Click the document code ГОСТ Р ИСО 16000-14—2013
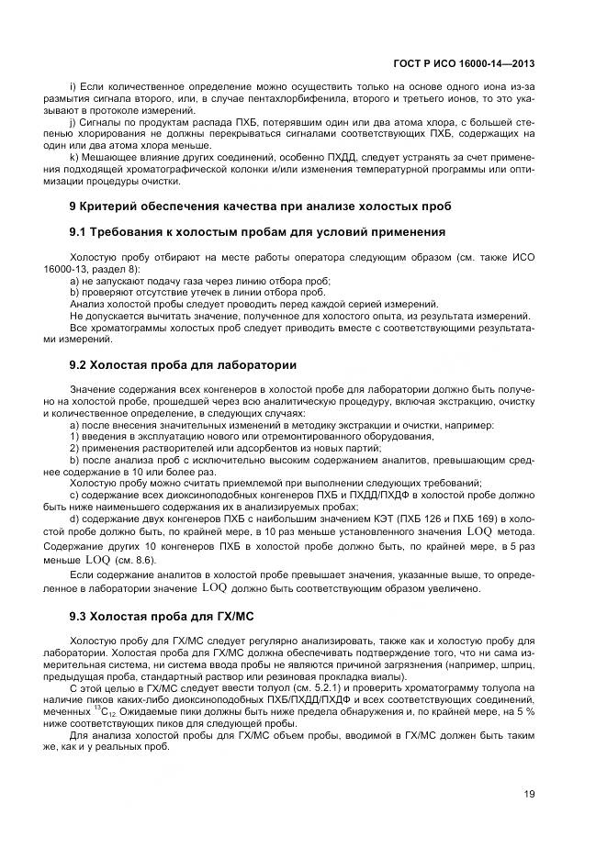[468, 65]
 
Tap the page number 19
[529, 794]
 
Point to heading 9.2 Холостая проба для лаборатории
[183, 364]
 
